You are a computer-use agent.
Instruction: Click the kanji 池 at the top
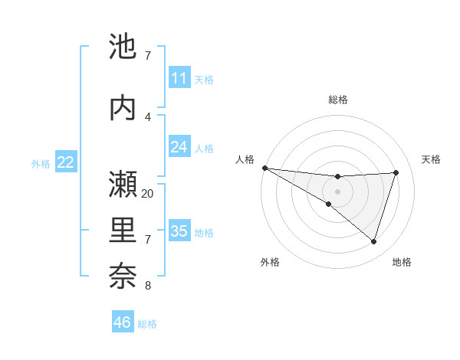click(123, 47)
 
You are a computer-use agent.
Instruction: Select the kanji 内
click(123, 108)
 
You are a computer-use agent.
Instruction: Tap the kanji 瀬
click(123, 185)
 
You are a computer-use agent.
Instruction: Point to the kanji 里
click(123, 230)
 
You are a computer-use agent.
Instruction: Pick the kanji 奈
click(123, 276)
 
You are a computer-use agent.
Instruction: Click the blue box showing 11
click(179, 78)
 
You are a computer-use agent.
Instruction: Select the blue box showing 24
click(179, 147)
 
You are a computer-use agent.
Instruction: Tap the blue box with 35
click(179, 231)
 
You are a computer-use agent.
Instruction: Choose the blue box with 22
click(66, 162)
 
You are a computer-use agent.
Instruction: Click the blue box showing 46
click(123, 322)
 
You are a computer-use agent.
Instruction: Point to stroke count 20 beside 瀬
click(148, 194)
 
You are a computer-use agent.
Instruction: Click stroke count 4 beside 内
click(148, 117)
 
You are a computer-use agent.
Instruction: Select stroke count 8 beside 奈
click(148, 286)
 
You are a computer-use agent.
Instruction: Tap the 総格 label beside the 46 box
click(147, 324)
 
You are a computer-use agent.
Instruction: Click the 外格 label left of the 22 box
click(41, 163)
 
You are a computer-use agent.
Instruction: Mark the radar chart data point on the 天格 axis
click(396, 172)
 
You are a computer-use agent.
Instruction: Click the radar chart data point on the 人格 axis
click(264, 167)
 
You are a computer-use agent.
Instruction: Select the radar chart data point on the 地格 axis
click(373, 241)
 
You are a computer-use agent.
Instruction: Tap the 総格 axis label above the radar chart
click(338, 100)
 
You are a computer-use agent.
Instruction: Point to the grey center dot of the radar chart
click(337, 191)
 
